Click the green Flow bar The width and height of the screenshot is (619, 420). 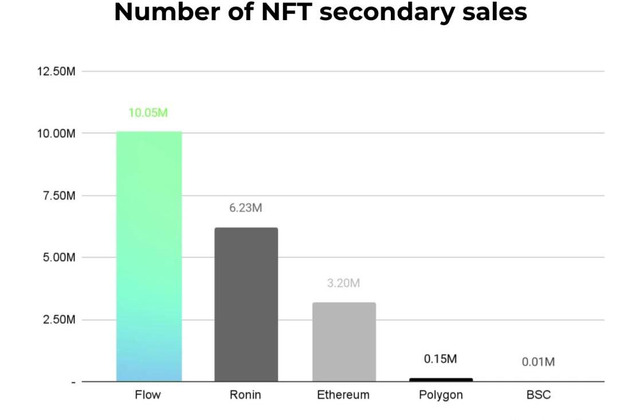coord(149,256)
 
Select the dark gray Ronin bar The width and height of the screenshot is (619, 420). coord(246,305)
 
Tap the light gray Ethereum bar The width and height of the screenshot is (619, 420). coord(344,342)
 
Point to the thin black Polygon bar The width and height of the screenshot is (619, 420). coord(441,379)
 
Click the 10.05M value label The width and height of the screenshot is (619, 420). coord(148,112)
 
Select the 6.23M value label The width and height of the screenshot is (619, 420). coord(246,208)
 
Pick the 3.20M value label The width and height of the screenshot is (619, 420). coord(343,283)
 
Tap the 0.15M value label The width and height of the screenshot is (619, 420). coord(441,359)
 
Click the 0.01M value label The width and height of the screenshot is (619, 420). coord(538,362)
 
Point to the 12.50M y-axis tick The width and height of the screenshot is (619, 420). coord(56,72)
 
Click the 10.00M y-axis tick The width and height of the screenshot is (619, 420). coord(56,134)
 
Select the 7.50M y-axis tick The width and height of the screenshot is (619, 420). coord(59,196)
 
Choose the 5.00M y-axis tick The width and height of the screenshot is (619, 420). coord(59,258)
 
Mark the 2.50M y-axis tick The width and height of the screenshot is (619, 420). coord(59,320)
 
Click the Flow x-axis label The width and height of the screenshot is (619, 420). coord(148,395)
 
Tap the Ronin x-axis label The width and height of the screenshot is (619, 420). coord(246,395)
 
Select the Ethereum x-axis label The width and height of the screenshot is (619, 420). coord(343,395)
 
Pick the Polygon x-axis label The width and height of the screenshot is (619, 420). coord(441,395)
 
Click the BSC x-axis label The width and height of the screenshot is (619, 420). coord(538,395)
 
